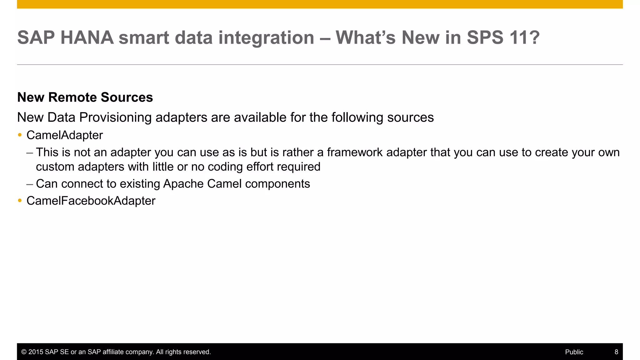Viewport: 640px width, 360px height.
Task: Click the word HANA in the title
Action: tap(87, 37)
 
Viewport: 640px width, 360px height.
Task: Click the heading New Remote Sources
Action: tap(85, 97)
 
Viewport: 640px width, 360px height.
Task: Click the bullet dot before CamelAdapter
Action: tap(20, 135)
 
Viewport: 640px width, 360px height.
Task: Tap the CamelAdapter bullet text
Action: tap(65, 135)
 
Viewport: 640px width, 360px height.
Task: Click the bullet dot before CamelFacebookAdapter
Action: tap(20, 200)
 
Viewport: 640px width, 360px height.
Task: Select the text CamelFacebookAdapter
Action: tap(91, 201)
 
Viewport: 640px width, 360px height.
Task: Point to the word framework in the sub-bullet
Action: tap(355, 152)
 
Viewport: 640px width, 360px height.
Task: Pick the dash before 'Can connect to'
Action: tap(30, 184)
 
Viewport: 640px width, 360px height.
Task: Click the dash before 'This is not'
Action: tap(30, 152)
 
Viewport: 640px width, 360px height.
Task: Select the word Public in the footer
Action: tap(574, 352)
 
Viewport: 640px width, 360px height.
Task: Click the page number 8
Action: tap(616, 352)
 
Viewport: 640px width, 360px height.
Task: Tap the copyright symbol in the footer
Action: tap(24, 352)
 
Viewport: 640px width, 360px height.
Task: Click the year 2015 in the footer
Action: tap(36, 352)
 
